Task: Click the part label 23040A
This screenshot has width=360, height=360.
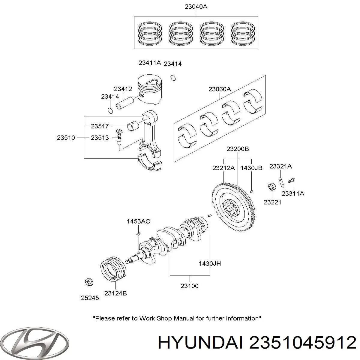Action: click(196, 6)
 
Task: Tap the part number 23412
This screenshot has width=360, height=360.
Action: click(123, 89)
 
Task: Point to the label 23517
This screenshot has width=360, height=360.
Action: click(100, 126)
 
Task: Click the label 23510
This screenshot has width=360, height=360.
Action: click(66, 138)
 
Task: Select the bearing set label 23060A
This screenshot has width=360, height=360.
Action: click(220, 89)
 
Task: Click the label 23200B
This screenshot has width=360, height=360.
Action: click(238, 149)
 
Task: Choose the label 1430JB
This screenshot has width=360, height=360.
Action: click(251, 168)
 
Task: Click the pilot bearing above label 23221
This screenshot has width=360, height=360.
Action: click(272, 187)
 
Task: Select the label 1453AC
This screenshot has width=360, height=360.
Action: click(138, 221)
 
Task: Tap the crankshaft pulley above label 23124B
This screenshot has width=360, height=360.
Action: click(113, 269)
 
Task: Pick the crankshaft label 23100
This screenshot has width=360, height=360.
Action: click(189, 286)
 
